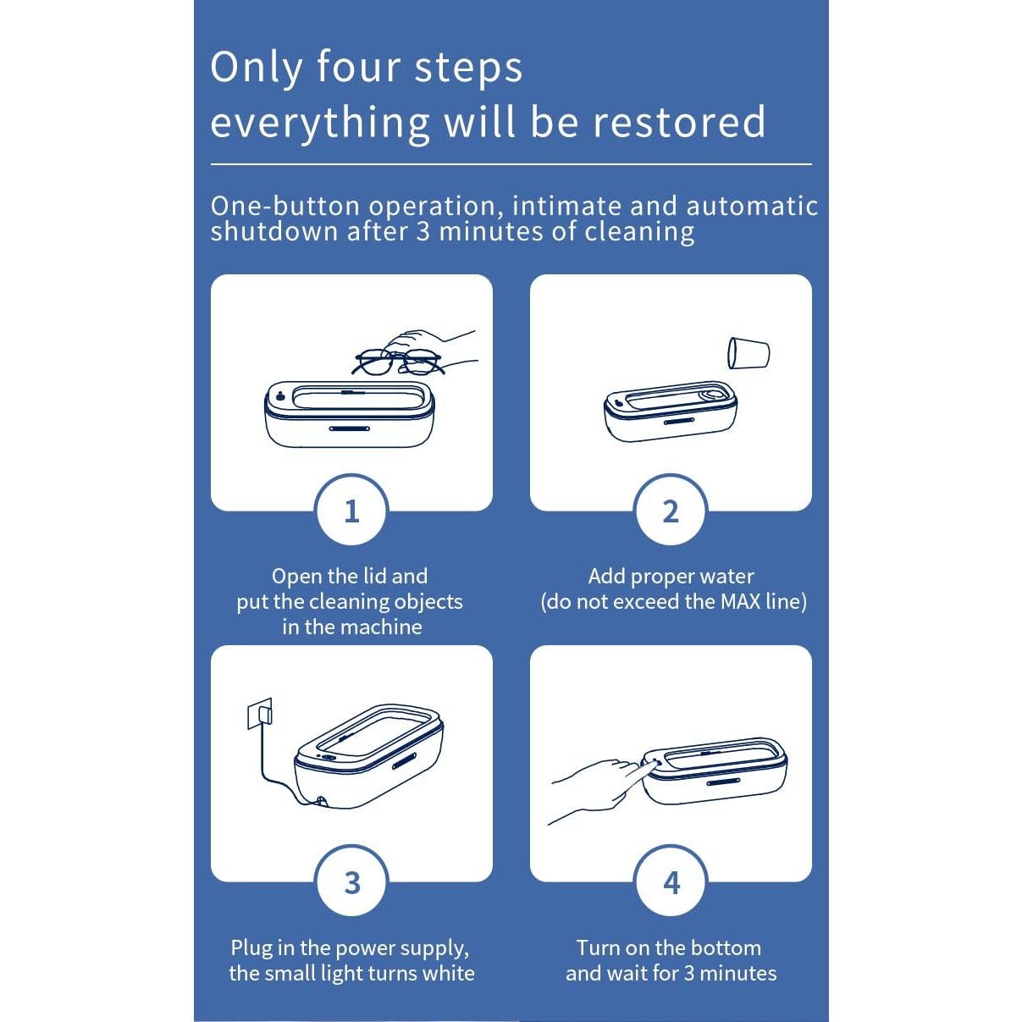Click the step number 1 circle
(351, 511)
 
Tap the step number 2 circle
(671, 511)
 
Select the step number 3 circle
(351, 882)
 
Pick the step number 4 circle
(671, 882)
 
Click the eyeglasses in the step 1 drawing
(398, 362)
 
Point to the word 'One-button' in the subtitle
(285, 206)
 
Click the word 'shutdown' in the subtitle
(274, 232)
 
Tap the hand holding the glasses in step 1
(429, 347)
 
